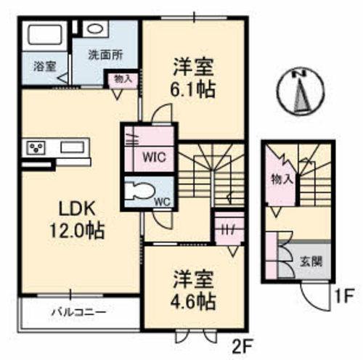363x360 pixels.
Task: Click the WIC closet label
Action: pyautogui.click(x=155, y=155)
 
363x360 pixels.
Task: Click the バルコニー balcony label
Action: pyautogui.click(x=78, y=313)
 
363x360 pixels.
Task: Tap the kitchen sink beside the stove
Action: pyautogui.click(x=73, y=148)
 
